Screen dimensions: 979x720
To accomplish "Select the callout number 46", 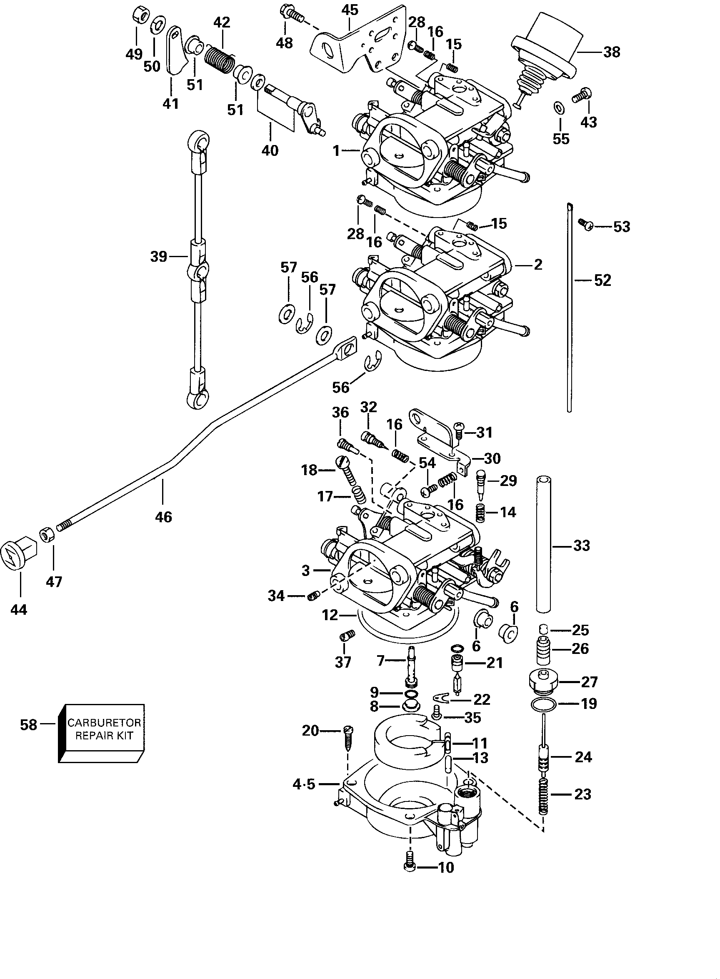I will pyautogui.click(x=163, y=517).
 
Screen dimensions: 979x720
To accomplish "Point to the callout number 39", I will pyautogui.click(x=159, y=256).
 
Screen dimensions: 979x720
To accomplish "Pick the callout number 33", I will pyautogui.click(x=581, y=545).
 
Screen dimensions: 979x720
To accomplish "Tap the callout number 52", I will pyautogui.click(x=602, y=280).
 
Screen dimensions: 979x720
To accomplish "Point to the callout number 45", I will pyautogui.click(x=350, y=10).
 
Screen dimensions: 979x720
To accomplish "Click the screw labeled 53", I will pyautogui.click(x=586, y=224).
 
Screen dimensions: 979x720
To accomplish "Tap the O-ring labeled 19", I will pyautogui.click(x=543, y=704).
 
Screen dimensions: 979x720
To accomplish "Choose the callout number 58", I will pyautogui.click(x=28, y=725).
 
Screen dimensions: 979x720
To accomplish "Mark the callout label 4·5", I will pyautogui.click(x=304, y=785).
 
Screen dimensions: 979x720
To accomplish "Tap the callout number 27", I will pyautogui.click(x=589, y=682).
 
